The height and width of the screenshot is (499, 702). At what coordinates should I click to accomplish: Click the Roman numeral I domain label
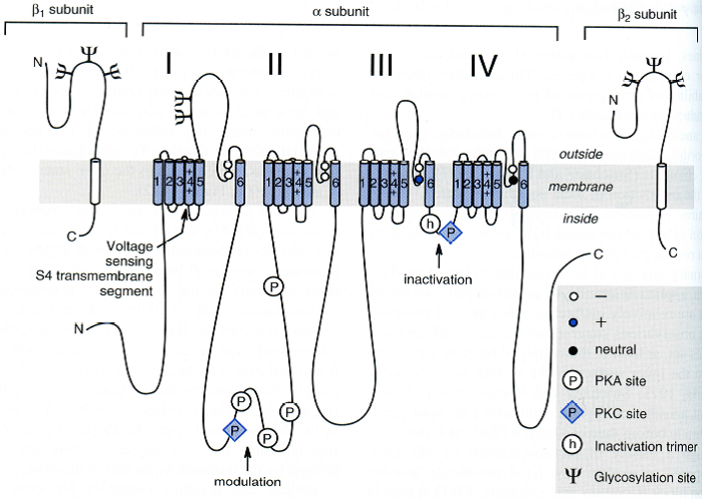(171, 65)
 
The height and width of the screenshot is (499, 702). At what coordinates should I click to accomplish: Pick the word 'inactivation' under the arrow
(437, 279)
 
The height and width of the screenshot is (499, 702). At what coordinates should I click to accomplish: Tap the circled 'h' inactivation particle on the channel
(431, 224)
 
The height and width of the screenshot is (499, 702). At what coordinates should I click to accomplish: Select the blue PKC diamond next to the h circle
(452, 233)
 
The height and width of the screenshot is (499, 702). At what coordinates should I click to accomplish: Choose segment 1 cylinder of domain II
(268, 182)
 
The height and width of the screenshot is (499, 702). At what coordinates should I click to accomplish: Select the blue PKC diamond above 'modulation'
(234, 430)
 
